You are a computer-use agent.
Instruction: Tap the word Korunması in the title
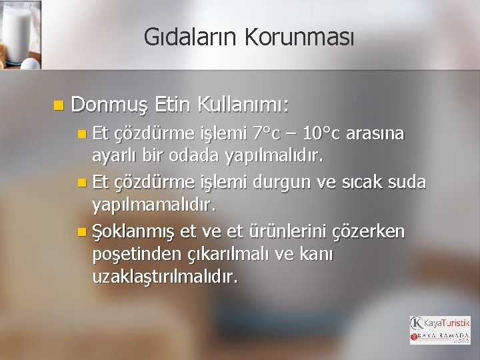click(x=299, y=37)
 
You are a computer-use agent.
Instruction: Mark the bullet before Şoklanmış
click(x=81, y=232)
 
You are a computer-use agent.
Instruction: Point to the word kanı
click(x=317, y=255)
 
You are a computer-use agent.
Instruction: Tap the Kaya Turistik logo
click(x=440, y=329)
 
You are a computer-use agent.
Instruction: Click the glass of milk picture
click(x=21, y=34)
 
